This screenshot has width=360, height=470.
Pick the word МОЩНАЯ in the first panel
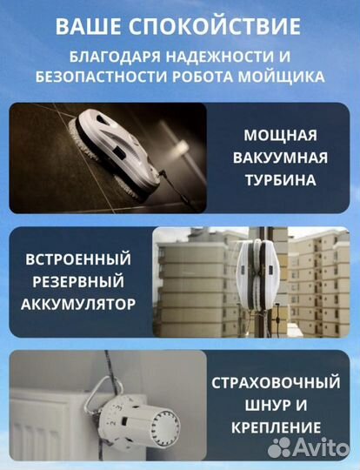coord(281,137)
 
